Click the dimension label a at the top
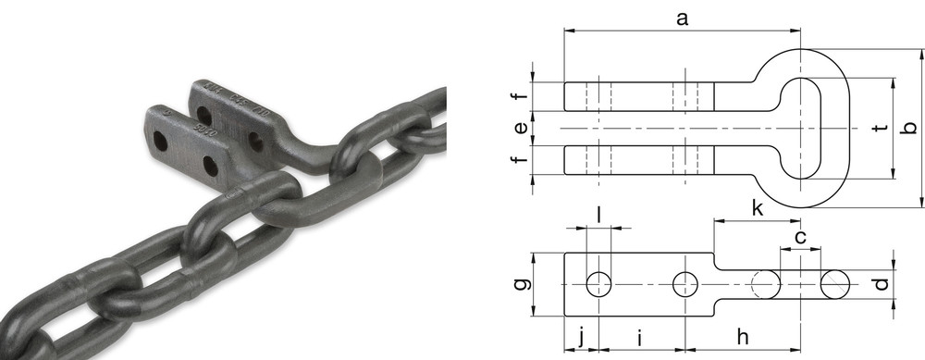point(682,19)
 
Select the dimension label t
point(882,128)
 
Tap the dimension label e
point(521,128)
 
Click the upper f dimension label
point(520,96)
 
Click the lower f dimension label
point(520,157)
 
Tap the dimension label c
point(800,237)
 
